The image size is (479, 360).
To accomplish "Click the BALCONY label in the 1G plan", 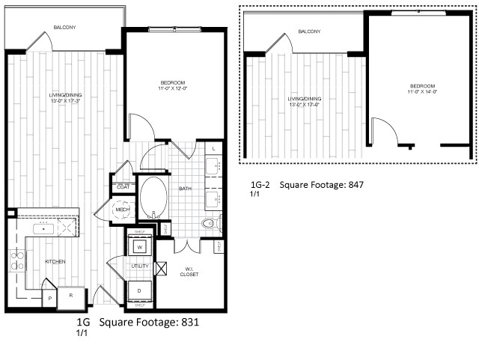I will click(x=64, y=28).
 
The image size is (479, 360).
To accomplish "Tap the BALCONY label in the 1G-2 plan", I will click(x=308, y=31).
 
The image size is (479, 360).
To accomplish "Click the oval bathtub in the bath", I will click(x=155, y=197).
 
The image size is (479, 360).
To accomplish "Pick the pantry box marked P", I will click(x=50, y=296).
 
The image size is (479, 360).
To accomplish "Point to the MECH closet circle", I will click(x=121, y=210).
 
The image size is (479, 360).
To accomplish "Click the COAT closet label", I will click(x=120, y=186).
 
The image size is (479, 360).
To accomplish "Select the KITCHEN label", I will click(x=55, y=261).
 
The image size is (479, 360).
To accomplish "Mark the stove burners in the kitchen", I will click(x=16, y=261).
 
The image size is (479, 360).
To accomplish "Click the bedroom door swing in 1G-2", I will click(x=380, y=129).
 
